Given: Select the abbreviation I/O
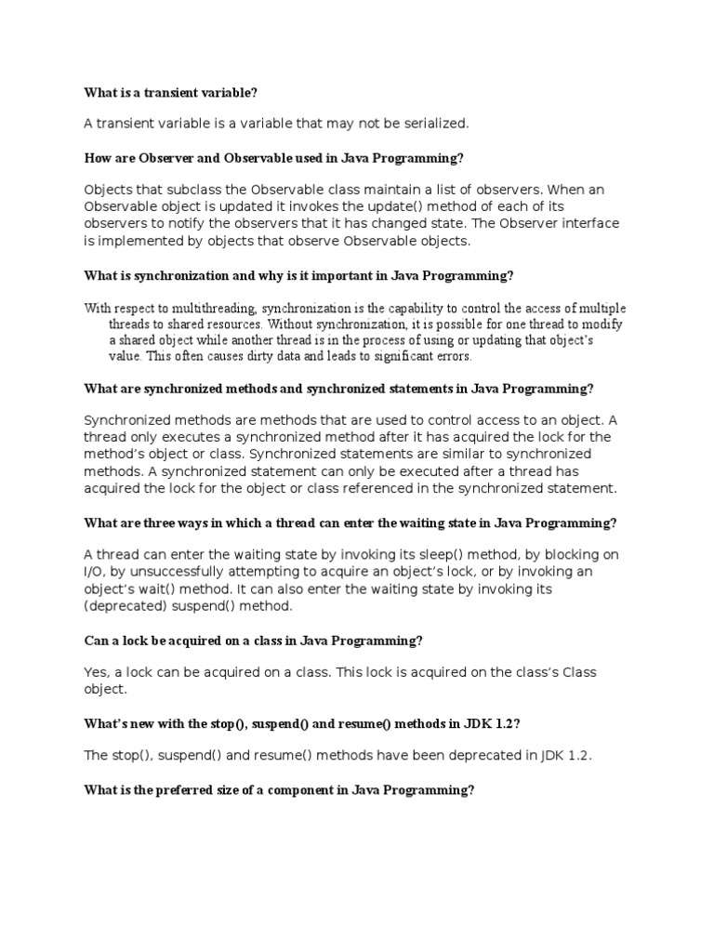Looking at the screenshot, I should tap(97, 572).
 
